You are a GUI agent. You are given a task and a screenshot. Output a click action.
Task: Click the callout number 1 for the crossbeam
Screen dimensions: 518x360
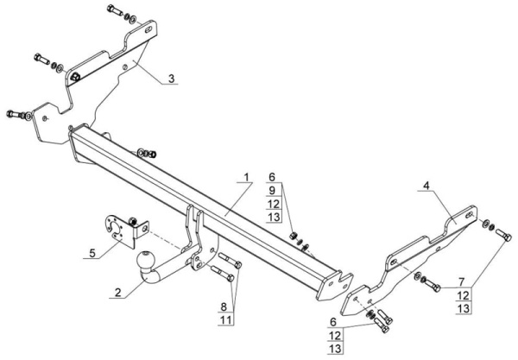[x=246, y=177]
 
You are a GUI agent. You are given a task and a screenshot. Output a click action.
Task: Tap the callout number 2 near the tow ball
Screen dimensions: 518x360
[x=118, y=293]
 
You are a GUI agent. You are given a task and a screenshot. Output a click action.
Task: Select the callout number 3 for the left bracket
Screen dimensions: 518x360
[x=171, y=79]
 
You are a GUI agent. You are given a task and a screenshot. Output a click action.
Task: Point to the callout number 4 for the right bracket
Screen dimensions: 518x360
[x=426, y=186]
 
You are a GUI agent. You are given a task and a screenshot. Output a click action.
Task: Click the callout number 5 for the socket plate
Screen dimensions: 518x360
[x=92, y=253]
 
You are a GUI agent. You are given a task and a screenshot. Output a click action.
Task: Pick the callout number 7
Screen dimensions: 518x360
[x=462, y=282]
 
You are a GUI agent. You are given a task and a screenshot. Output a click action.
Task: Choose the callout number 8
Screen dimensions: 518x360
[x=224, y=306]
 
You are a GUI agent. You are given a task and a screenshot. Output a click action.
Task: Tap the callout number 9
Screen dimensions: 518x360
[x=272, y=191]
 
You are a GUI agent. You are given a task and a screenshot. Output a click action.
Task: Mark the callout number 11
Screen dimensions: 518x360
[x=225, y=320]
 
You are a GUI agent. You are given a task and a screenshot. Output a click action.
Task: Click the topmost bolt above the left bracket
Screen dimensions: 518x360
[x=115, y=10]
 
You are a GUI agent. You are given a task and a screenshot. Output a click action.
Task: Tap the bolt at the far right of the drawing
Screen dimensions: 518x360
[x=503, y=234]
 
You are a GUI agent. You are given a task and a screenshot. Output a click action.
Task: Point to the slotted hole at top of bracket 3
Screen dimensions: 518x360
[x=148, y=30]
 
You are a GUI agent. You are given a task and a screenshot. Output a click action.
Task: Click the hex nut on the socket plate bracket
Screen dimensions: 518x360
[x=133, y=221]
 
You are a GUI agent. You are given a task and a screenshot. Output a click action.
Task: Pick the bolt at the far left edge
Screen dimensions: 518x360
[x=15, y=114]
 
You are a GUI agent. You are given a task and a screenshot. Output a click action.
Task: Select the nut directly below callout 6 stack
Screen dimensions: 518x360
[x=293, y=236]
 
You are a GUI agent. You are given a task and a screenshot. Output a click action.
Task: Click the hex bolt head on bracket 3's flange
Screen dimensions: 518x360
[x=75, y=77]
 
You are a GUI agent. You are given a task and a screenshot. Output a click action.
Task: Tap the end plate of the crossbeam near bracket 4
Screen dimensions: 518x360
[x=334, y=286]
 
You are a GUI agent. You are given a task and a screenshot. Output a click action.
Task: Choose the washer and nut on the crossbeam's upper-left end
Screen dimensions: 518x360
[x=147, y=154]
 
